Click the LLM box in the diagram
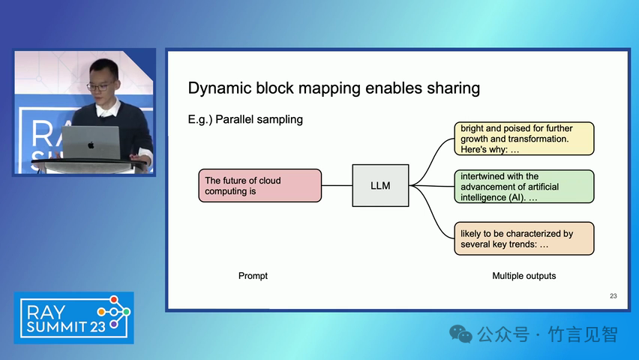click(380, 185)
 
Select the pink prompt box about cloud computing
click(259, 185)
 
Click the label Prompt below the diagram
click(253, 276)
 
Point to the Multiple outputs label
click(523, 276)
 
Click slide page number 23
click(613, 296)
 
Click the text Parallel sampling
click(259, 119)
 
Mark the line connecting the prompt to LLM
click(337, 185)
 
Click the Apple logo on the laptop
click(91, 145)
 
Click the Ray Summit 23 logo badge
click(73, 317)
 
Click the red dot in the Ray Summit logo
click(115, 300)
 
